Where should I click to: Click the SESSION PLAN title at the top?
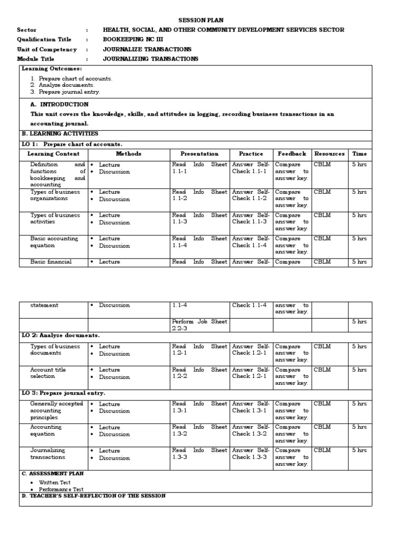[202, 20]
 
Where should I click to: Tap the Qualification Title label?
[44, 39]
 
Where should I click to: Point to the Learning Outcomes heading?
[52, 69]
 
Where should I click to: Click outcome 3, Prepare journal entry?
[69, 92]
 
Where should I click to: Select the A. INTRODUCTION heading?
[60, 104]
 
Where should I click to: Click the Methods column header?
[128, 154]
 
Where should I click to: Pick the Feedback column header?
[292, 154]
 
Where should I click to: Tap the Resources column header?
[329, 154]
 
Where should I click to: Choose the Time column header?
[360, 154]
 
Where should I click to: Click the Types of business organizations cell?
[54, 195]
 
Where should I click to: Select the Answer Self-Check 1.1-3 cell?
[251, 218]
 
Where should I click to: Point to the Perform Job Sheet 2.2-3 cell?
[199, 325]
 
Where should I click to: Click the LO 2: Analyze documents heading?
[61, 335]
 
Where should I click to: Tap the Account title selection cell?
[48, 373]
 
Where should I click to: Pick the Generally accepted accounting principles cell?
[56, 410]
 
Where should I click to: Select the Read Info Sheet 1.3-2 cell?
[199, 430]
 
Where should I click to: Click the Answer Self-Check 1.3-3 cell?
[251, 453]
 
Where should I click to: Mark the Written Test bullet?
[54, 483]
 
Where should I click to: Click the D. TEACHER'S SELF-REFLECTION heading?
[94, 495]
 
